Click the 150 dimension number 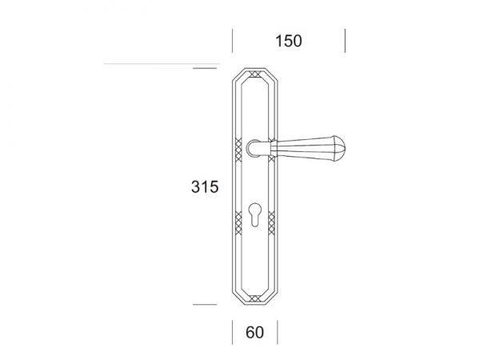pyautogui.click(x=288, y=41)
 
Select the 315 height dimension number pyautogui.click(x=205, y=186)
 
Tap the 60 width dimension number pyautogui.click(x=254, y=333)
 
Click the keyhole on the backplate pyautogui.click(x=254, y=214)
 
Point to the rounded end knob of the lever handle pyautogui.click(x=338, y=148)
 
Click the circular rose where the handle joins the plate pyautogui.click(x=254, y=148)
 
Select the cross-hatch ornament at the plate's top pyautogui.click(x=254, y=74)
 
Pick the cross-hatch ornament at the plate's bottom pyautogui.click(x=254, y=298)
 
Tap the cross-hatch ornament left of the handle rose pyautogui.click(x=238, y=150)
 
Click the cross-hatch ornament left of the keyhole pyautogui.click(x=238, y=223)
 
